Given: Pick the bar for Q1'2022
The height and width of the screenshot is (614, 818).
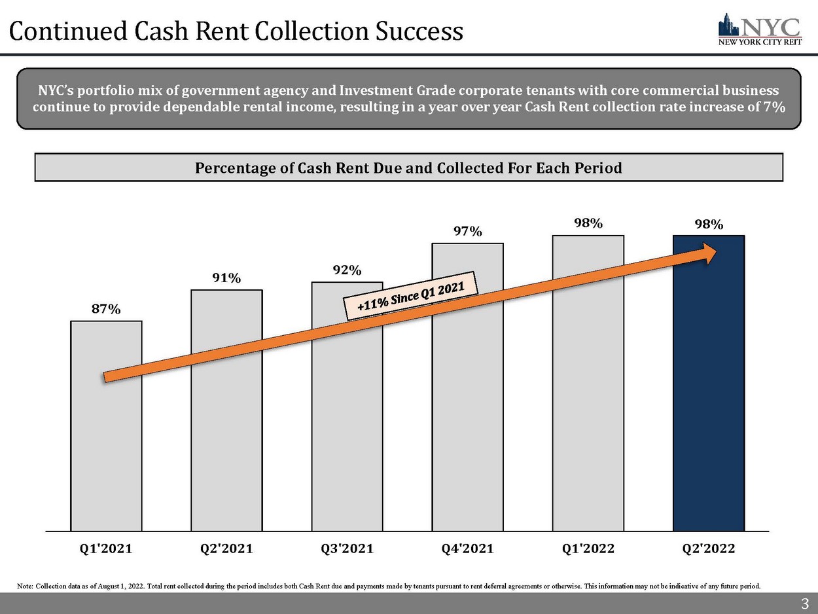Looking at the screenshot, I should tap(588, 393).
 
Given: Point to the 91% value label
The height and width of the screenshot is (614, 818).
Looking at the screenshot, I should tap(226, 279).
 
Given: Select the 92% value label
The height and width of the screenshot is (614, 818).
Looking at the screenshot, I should tap(347, 270).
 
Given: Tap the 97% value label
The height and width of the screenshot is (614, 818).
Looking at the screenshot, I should tap(467, 232).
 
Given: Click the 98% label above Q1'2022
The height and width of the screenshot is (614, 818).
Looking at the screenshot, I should tap(588, 223).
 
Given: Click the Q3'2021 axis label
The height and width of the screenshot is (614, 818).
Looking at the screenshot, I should tap(347, 549).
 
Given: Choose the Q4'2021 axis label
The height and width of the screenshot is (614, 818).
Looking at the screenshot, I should tap(467, 549).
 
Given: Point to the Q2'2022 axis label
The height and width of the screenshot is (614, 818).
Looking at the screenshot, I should tap(709, 549).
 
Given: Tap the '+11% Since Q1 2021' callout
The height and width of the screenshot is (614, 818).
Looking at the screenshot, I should tap(411, 295).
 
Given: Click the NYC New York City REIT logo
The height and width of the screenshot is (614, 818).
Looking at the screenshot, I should tap(759, 29).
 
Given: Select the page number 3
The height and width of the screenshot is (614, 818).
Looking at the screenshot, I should tap(804, 603).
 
